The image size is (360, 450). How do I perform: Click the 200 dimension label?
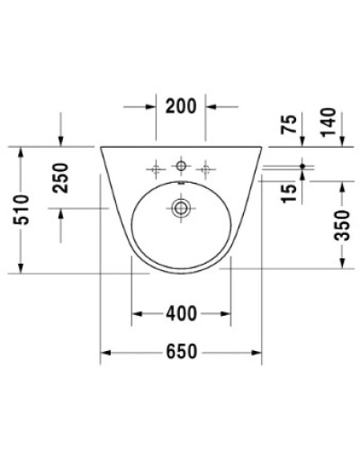point(181,105)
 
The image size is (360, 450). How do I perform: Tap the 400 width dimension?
point(181,313)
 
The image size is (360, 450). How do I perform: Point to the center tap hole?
point(181,166)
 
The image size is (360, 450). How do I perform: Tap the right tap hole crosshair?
point(205,166)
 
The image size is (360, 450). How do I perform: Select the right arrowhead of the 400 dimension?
point(226,314)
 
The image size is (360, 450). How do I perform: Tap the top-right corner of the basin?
point(263,146)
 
